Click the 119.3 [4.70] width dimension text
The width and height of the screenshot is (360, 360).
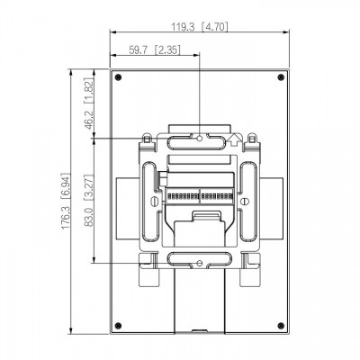(x=200, y=27)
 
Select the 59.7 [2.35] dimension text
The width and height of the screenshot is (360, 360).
(x=155, y=49)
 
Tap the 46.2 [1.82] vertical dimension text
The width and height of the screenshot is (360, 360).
(x=89, y=104)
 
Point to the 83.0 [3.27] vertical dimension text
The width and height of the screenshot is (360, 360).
(x=89, y=200)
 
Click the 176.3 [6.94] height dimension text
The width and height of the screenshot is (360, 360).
(x=66, y=202)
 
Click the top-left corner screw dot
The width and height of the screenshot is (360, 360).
(x=118, y=77)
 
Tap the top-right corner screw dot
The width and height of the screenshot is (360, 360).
(x=281, y=77)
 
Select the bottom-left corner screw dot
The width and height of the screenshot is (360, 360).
(x=118, y=326)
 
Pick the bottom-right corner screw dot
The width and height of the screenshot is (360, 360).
(x=281, y=326)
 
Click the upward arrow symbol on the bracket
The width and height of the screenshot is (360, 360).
(x=234, y=139)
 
